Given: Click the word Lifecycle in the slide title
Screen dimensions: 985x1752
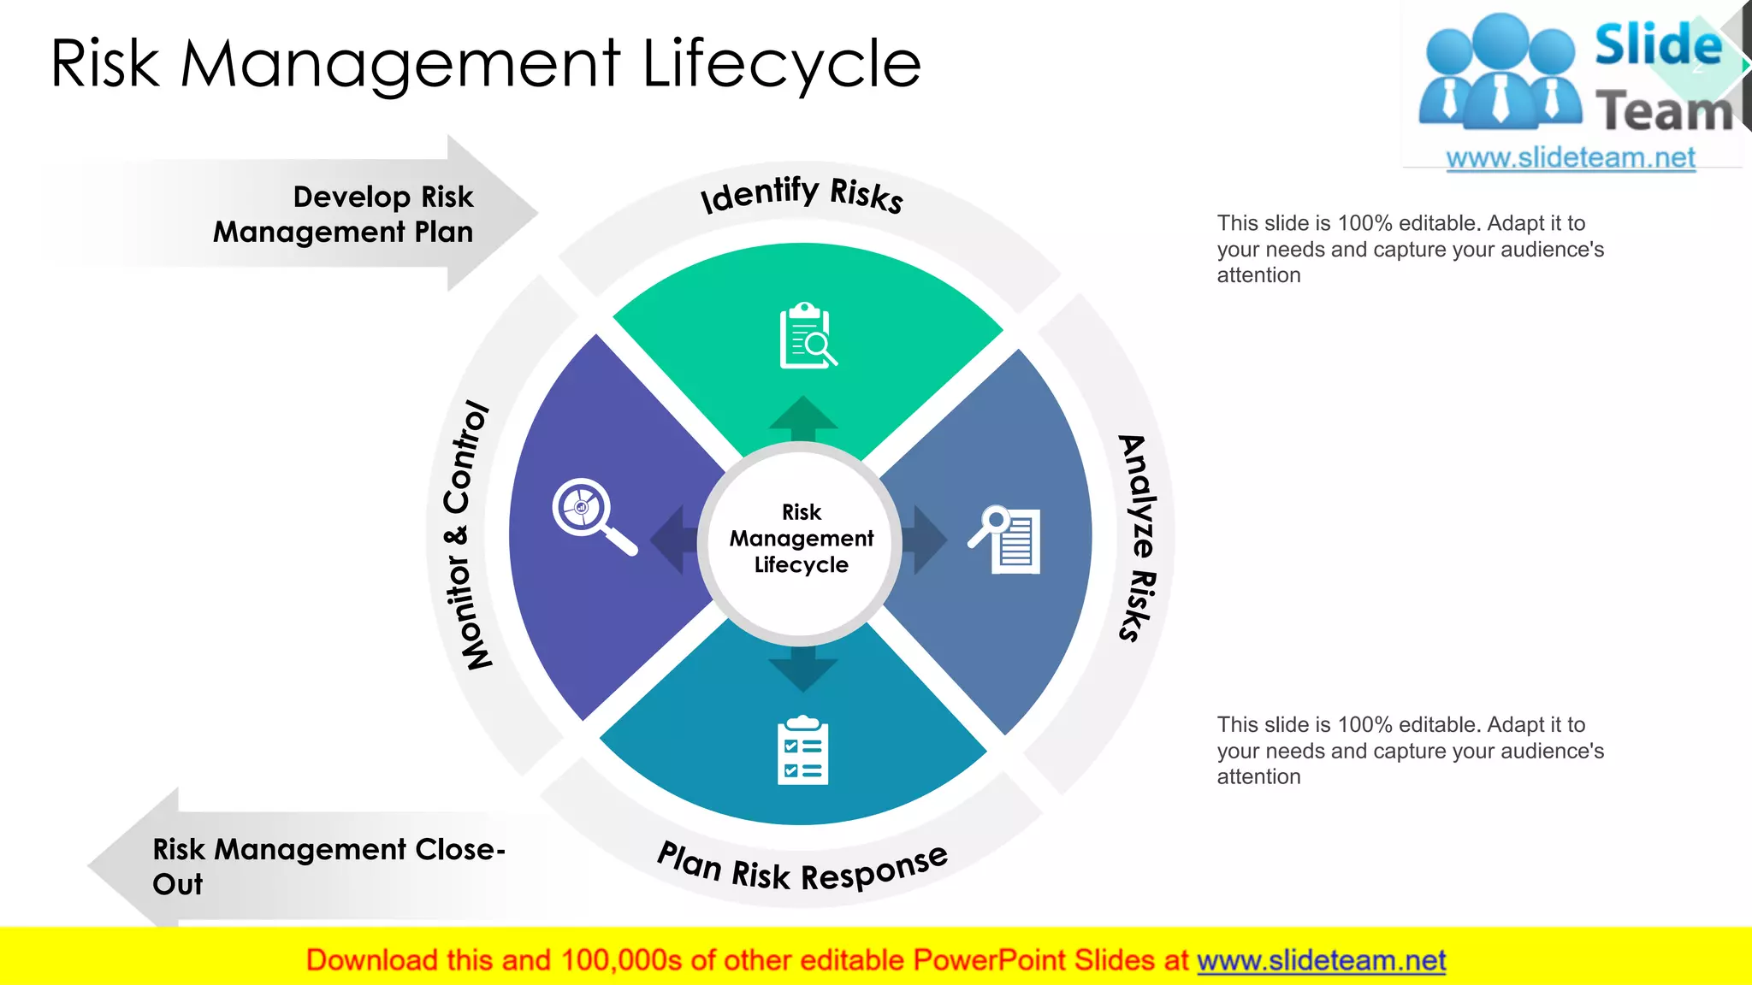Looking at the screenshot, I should [780, 64].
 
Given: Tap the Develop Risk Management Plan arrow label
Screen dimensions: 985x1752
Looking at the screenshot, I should [342, 214].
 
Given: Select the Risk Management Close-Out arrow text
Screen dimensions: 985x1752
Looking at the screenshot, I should [328, 865].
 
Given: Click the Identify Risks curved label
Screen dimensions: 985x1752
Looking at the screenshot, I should [802, 194].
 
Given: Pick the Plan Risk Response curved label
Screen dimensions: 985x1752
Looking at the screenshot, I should [802, 869].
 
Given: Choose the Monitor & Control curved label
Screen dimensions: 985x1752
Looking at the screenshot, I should [466, 534].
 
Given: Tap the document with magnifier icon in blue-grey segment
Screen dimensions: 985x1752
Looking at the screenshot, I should [1006, 540].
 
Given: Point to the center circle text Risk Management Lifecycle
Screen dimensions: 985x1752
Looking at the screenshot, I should [802, 539].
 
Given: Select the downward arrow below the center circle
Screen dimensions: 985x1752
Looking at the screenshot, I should [802, 668].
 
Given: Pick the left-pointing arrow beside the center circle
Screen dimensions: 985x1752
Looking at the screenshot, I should [673, 540].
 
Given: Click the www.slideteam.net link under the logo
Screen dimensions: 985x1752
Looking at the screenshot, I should [1571, 158].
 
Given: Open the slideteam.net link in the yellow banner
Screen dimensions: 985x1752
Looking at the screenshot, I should [1321, 961].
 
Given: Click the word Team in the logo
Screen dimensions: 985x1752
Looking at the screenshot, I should [1663, 111].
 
